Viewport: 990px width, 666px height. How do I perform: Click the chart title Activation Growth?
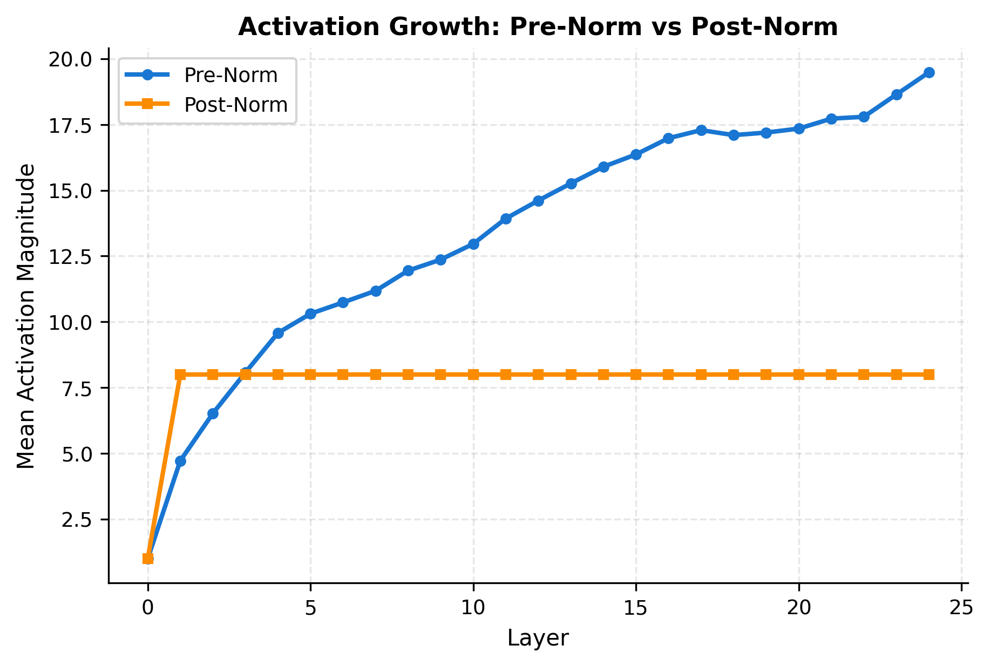click(x=538, y=27)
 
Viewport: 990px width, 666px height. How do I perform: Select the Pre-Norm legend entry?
click(x=230, y=76)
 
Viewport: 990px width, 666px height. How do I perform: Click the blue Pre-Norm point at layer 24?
click(x=929, y=73)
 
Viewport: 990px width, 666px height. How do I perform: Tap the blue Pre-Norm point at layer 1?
click(x=181, y=461)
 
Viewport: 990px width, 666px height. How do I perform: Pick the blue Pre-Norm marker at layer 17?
click(x=701, y=130)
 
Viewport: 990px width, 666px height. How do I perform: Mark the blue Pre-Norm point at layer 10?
click(x=473, y=244)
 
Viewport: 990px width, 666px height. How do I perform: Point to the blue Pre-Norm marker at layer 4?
click(x=278, y=333)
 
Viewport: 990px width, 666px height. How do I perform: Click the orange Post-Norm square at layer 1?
click(x=181, y=375)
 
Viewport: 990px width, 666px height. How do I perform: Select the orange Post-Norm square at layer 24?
click(x=929, y=375)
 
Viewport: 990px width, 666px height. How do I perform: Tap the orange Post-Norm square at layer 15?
click(x=636, y=375)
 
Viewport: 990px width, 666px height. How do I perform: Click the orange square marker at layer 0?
click(x=148, y=559)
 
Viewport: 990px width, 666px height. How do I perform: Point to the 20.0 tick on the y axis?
click(x=71, y=59)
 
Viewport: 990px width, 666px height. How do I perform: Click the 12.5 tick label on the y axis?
click(x=71, y=256)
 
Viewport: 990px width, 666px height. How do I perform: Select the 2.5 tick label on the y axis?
click(x=77, y=520)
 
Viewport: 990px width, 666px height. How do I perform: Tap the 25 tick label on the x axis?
click(x=961, y=608)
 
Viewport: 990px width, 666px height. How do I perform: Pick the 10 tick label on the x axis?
click(x=473, y=608)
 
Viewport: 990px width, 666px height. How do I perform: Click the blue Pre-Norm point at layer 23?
click(x=897, y=94)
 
